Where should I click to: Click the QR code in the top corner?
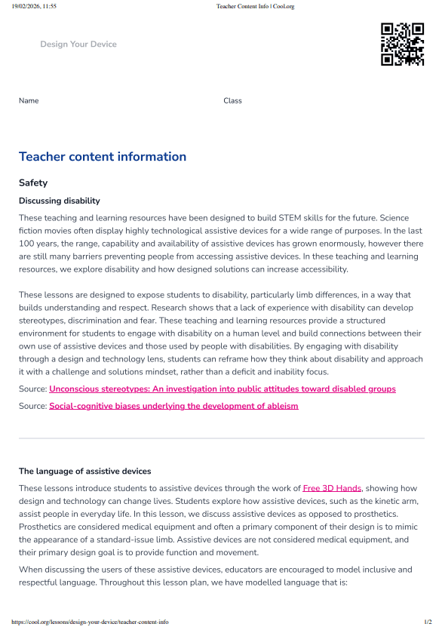402,45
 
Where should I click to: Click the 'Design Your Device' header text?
78,45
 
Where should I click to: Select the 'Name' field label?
29,101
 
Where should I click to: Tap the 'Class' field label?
232,101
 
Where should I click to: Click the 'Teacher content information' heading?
102,157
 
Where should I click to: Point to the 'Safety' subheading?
33,183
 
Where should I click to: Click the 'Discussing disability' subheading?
59,201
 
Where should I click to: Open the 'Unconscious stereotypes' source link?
222,389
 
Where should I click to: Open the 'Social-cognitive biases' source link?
173,406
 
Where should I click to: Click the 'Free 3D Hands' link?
332,488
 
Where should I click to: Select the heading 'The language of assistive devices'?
84,472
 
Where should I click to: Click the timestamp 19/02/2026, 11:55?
34,6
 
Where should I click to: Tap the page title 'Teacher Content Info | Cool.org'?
255,6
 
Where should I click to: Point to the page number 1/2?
428,622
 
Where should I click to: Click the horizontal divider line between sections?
221,438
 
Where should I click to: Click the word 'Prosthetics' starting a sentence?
43,527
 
